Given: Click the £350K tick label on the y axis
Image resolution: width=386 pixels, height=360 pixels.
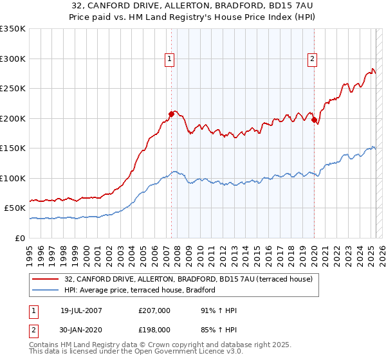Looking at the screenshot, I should pyautogui.click(x=13, y=29).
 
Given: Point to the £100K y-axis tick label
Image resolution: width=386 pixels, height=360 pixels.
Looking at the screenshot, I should pyautogui.click(x=13, y=178).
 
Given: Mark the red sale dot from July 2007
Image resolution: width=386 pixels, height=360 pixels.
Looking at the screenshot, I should pyautogui.click(x=171, y=114).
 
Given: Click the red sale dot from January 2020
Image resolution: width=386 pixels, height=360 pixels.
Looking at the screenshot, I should pyautogui.click(x=314, y=120).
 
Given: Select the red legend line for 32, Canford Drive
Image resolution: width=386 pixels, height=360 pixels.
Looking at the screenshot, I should pyautogui.click(x=45, y=279).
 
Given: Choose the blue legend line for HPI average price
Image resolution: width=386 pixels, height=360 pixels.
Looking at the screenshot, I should pyautogui.click(x=45, y=291).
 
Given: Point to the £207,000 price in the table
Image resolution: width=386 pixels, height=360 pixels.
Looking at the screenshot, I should pyautogui.click(x=154, y=310).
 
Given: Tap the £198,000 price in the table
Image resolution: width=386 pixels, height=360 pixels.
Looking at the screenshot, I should pyautogui.click(x=154, y=329).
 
